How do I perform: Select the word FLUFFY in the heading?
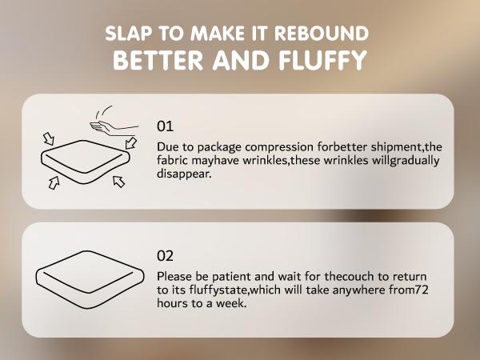[322, 60]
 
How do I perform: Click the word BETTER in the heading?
[158, 60]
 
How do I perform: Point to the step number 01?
[165, 126]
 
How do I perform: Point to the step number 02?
[165, 256]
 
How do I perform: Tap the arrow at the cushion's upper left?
[49, 138]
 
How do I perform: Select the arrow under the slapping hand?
[131, 142]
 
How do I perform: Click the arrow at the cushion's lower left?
[54, 182]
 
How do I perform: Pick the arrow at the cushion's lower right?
[118, 182]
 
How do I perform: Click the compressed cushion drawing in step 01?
[86, 162]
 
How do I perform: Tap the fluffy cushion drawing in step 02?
[90, 279]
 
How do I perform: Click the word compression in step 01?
[279, 147]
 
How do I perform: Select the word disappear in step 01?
[184, 174]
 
